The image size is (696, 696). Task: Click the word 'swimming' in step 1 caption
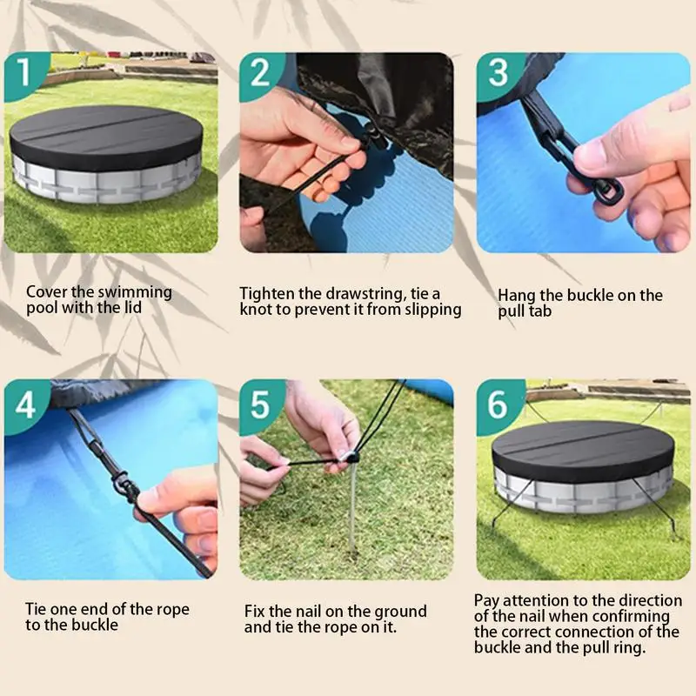(x=135, y=292)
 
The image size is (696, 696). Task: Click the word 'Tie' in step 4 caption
(x=36, y=609)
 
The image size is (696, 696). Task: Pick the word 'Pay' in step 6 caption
(x=486, y=601)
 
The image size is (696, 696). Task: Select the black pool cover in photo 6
(x=583, y=452)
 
